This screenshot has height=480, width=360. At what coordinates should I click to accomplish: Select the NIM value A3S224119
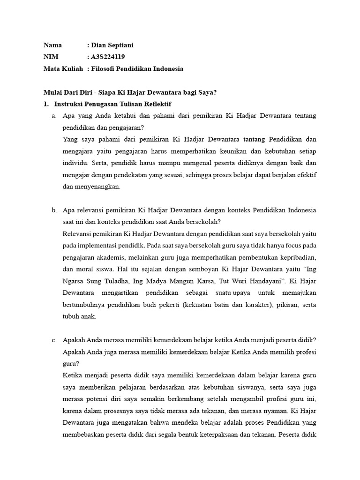[108, 57]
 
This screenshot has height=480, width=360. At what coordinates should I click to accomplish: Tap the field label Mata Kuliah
[63, 69]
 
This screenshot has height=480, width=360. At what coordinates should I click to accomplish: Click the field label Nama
[53, 45]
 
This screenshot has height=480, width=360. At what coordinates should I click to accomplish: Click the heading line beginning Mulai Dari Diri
[130, 92]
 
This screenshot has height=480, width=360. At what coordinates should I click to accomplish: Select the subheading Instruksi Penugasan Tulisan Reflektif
[112, 104]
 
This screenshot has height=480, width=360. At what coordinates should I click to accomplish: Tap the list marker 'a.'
[55, 115]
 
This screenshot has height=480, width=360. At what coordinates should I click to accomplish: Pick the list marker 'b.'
[55, 210]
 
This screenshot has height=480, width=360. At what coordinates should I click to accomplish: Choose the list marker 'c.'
[55, 340]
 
